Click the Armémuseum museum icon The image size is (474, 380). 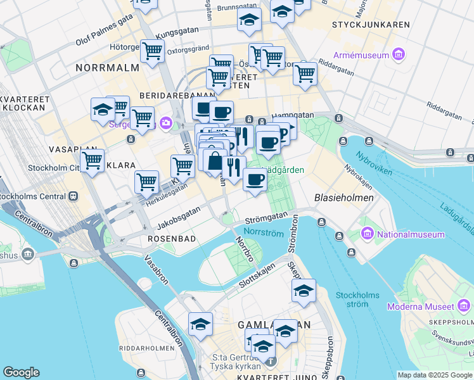399,54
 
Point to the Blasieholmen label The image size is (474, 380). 343,198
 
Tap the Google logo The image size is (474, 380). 21,372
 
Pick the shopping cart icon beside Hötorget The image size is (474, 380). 152,50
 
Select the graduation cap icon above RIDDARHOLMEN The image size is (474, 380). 200,324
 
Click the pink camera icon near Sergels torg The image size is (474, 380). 166,123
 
